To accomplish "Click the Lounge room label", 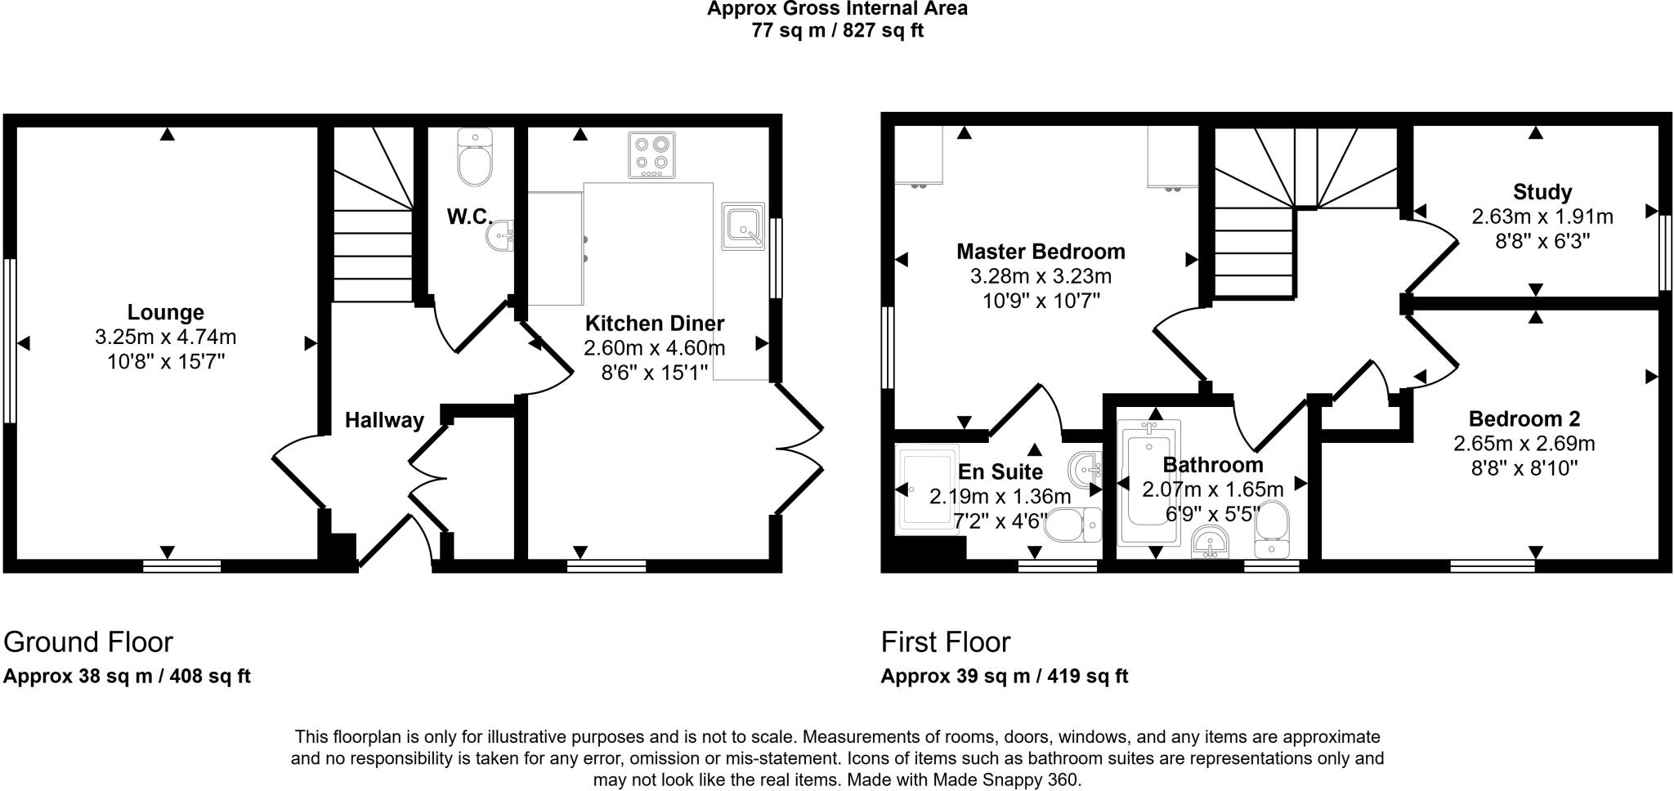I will (x=166, y=312).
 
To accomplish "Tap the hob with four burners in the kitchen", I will (x=651, y=154).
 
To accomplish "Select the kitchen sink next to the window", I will (x=743, y=226).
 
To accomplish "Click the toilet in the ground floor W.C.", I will (x=474, y=158).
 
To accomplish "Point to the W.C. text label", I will (x=469, y=217).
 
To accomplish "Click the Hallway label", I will (x=384, y=420).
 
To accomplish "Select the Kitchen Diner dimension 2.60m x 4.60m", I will (x=654, y=348).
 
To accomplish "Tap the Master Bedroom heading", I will (x=1041, y=252).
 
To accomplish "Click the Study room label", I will (x=1542, y=192).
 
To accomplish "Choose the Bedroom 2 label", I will (x=1524, y=419).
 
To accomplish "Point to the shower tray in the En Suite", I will (x=927, y=489).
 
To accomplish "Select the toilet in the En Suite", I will (x=1072, y=525).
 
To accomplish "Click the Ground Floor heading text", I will (x=88, y=642).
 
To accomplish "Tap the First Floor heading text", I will (x=946, y=642).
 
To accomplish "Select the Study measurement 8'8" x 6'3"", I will (x=1542, y=242).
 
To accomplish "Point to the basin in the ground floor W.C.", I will (x=499, y=236).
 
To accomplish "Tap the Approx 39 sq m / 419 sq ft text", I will (x=1004, y=677).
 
